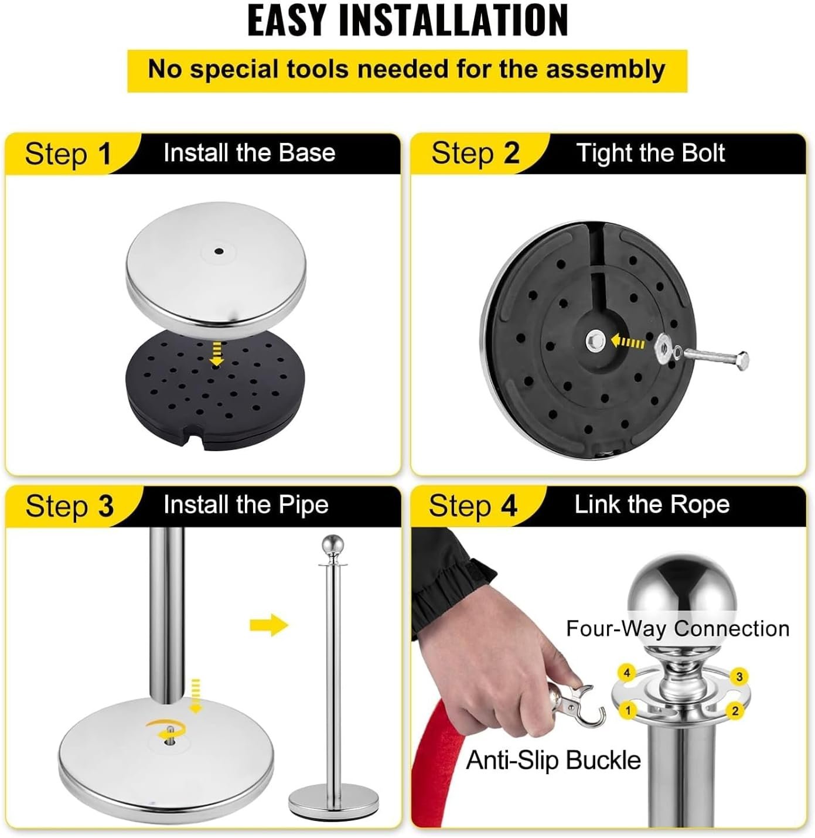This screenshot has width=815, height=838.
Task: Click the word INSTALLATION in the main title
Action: [453, 20]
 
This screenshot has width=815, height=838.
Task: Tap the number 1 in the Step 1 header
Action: [105, 154]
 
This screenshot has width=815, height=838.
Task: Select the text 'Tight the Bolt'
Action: [650, 153]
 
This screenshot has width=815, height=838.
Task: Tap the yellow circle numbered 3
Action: [739, 676]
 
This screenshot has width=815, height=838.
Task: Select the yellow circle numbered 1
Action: [628, 710]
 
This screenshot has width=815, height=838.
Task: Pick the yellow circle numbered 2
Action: [735, 710]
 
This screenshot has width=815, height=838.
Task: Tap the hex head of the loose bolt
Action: [741, 359]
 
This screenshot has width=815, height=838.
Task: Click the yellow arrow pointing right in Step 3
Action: [269, 625]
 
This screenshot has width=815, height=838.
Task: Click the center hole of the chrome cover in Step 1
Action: [219, 251]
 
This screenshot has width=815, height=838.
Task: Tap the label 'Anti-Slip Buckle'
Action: [553, 760]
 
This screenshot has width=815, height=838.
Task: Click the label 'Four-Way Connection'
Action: [678, 628]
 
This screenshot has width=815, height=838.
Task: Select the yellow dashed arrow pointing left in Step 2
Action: [628, 342]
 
